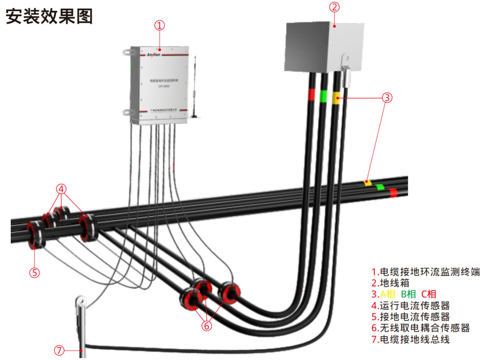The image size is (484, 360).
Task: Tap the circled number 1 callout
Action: pos(160,26)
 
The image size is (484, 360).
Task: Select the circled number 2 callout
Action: pos(334,7)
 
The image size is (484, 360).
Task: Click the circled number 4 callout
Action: pos(62,188)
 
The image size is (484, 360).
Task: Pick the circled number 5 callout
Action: pos(35,272)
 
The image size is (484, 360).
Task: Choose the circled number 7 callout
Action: pos(59,350)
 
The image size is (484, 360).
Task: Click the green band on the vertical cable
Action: pos(324,95)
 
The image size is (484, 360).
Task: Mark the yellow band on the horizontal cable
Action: pos(367,183)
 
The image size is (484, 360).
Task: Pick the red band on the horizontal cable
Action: pos(393,193)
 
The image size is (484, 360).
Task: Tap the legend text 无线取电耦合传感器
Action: pos(424,328)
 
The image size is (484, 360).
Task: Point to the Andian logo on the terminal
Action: pos(154,54)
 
